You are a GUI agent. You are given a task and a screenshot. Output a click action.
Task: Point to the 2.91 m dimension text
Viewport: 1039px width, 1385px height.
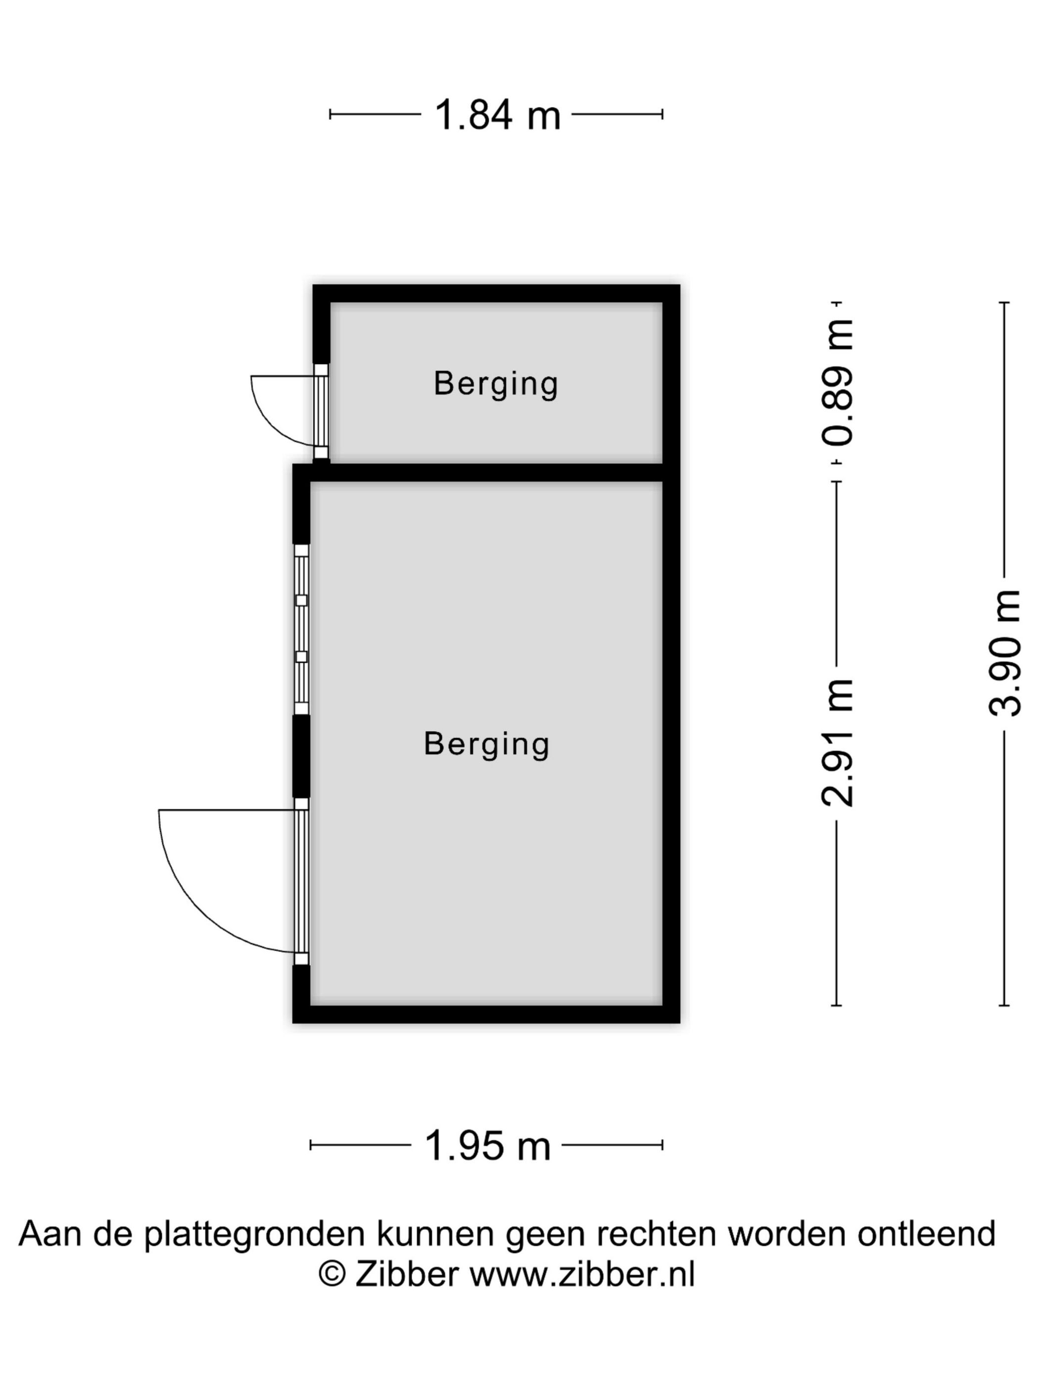coord(837,742)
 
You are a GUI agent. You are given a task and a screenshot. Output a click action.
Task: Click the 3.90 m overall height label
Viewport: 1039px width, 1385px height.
coord(1004,653)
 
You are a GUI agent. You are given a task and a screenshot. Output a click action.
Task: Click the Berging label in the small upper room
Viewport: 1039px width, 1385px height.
coord(496,384)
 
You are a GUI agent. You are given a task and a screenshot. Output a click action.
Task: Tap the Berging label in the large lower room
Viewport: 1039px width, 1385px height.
coord(487,745)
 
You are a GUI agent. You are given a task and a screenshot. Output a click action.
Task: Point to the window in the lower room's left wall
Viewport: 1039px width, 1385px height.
coord(301,629)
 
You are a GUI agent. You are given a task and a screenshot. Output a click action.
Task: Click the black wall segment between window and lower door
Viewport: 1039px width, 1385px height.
coord(301,756)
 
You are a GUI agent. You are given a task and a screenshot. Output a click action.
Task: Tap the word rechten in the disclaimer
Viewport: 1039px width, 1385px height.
coord(657,1233)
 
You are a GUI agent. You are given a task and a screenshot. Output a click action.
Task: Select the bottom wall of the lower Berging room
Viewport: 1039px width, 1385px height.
coord(486,1015)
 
